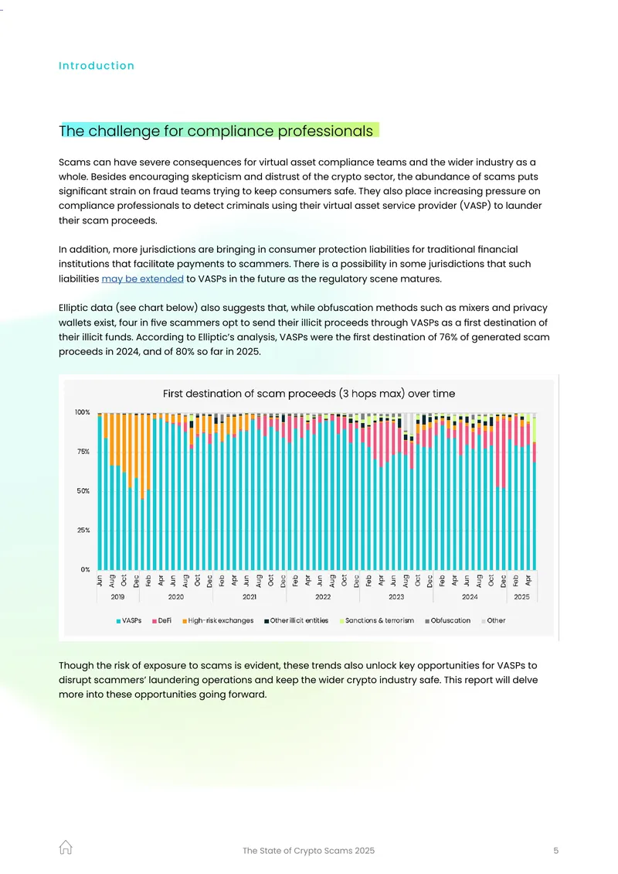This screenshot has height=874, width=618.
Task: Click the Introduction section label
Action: click(97, 66)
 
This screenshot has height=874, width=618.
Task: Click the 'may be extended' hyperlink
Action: click(143, 278)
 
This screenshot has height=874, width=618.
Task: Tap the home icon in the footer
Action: click(66, 847)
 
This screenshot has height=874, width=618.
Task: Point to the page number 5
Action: click(555, 851)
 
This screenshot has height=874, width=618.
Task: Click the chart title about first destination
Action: click(309, 394)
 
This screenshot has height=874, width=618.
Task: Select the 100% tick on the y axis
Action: click(83, 412)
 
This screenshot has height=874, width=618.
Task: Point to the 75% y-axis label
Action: click(83, 452)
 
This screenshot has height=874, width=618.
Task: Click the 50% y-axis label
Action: click(83, 491)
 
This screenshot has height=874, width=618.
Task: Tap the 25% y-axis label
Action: click(83, 530)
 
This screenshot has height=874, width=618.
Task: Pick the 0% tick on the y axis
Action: click(85, 570)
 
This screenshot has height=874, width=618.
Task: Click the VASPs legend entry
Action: click(128, 620)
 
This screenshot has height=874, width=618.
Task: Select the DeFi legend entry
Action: click(161, 620)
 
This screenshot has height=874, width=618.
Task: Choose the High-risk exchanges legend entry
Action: click(218, 620)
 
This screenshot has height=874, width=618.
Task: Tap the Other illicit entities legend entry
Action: click(296, 620)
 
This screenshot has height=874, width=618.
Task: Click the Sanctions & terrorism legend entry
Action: click(377, 620)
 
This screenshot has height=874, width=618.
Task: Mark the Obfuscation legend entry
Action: click(447, 620)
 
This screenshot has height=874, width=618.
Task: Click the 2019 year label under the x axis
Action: click(117, 597)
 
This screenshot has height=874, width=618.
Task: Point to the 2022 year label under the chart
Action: click(323, 597)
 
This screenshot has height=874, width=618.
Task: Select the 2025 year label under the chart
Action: click(521, 597)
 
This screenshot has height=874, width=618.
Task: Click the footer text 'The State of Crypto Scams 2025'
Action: click(308, 851)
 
